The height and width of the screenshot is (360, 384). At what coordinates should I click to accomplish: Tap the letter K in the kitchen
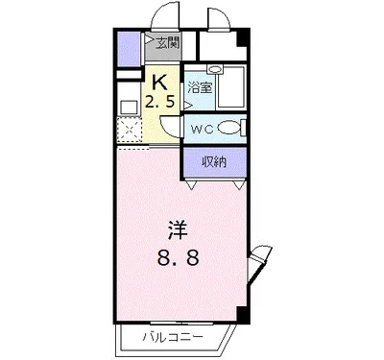coord(160,81)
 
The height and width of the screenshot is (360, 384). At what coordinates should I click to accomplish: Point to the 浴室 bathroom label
coord(200,88)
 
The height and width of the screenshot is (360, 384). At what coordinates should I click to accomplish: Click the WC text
coord(201,129)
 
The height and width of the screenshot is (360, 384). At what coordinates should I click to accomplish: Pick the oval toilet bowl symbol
coord(228,129)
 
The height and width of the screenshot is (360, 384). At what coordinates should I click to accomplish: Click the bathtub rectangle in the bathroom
coord(230,93)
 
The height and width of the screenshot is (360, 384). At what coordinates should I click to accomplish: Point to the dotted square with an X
coord(129,130)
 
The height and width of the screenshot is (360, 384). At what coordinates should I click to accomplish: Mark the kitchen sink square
coord(127,105)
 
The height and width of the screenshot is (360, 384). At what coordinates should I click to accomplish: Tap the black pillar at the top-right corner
coord(244,38)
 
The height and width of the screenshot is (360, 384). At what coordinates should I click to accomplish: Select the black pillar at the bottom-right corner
coord(244,313)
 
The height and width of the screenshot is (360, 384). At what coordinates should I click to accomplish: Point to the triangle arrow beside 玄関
coord(150,41)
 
